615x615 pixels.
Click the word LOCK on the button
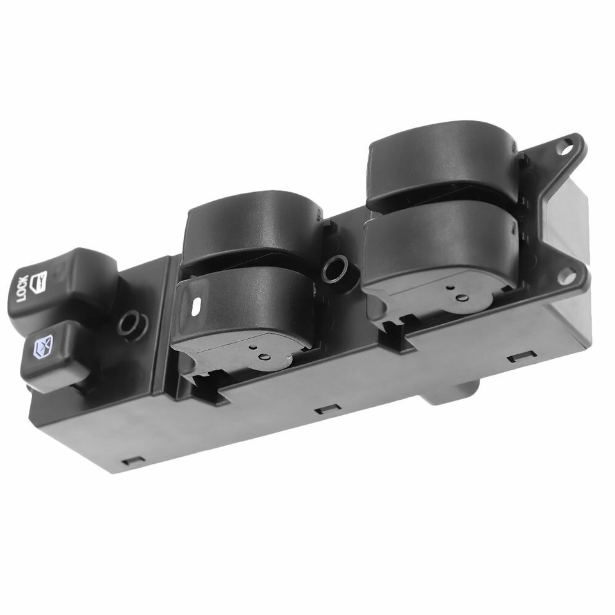(21, 290)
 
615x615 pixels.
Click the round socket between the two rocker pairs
(334, 269)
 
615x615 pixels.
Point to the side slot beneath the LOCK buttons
(133, 461)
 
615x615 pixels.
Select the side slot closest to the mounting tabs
(521, 357)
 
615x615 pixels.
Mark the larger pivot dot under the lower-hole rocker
(459, 298)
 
